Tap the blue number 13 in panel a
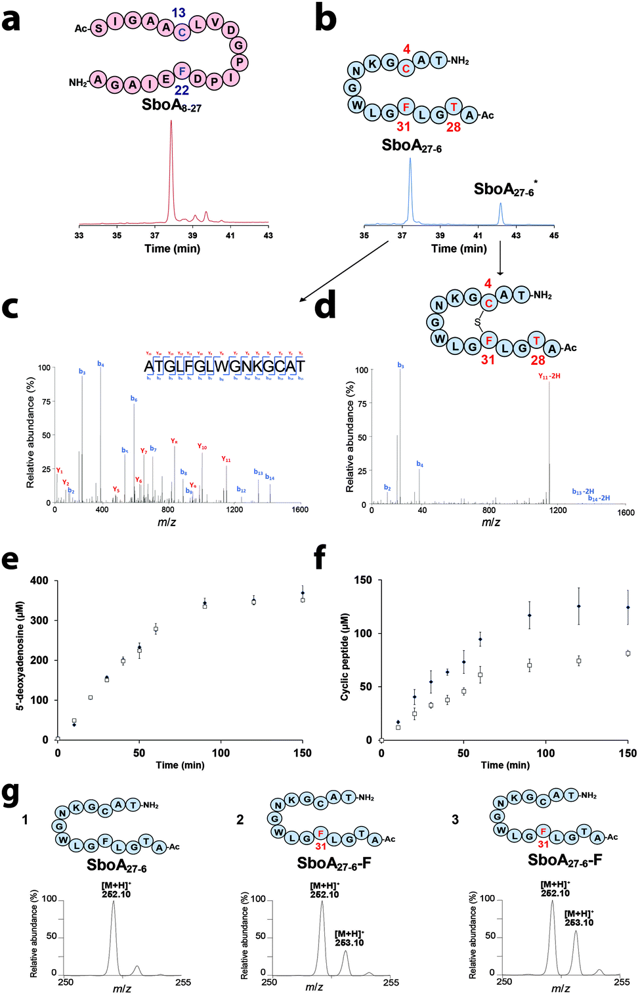(179, 13)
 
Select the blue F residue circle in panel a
(182, 71)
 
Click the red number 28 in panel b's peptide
(454, 127)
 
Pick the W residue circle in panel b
(356, 104)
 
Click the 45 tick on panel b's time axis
(553, 236)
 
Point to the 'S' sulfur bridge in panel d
(477, 322)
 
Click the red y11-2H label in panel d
(549, 377)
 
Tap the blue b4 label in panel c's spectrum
(100, 364)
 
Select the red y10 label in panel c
(202, 447)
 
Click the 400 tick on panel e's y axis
(39, 581)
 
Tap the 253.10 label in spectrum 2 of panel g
(349, 943)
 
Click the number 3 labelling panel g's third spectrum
(455, 820)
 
